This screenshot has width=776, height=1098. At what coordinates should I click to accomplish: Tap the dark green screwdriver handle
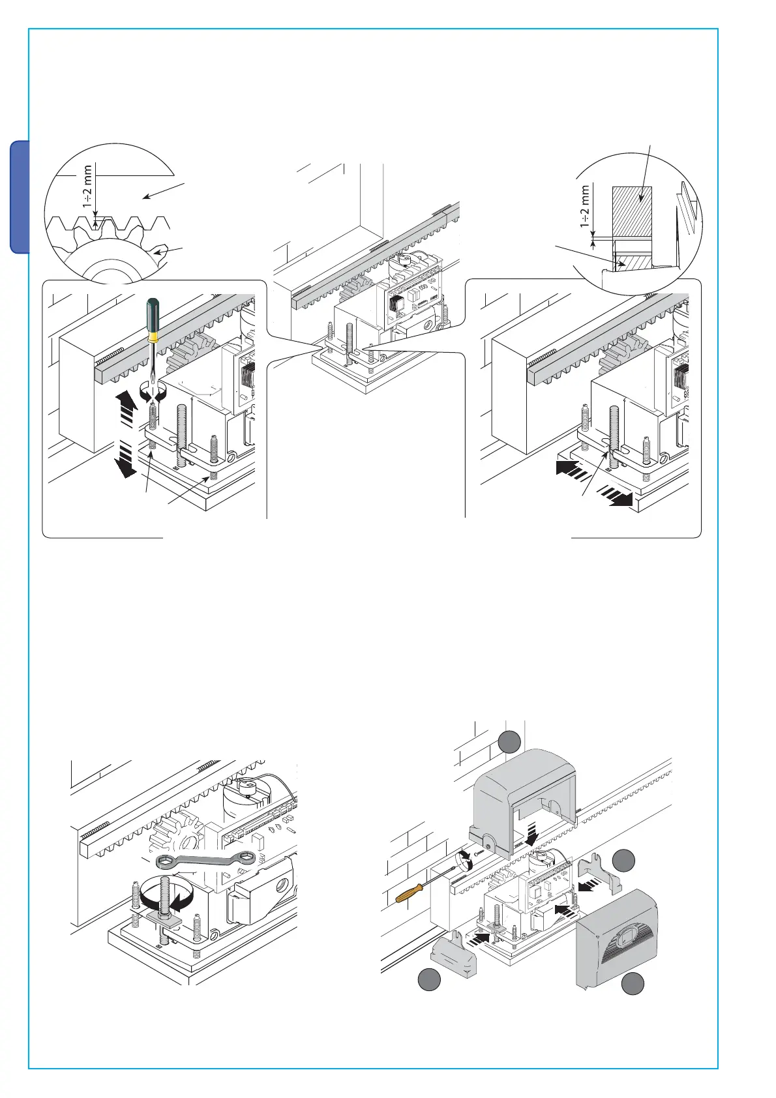(x=153, y=314)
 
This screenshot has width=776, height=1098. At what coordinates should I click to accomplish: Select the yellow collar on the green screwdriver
(x=153, y=337)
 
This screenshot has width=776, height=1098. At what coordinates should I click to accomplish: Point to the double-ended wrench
(x=206, y=862)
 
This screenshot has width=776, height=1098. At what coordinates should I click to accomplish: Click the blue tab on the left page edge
(x=20, y=196)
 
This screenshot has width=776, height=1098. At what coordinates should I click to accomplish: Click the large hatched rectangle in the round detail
(x=631, y=211)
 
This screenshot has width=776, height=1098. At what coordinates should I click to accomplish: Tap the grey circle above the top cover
(x=509, y=742)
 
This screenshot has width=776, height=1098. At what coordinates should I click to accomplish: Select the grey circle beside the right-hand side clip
(x=624, y=860)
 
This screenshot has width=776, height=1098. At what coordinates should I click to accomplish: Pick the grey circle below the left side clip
(x=428, y=980)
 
